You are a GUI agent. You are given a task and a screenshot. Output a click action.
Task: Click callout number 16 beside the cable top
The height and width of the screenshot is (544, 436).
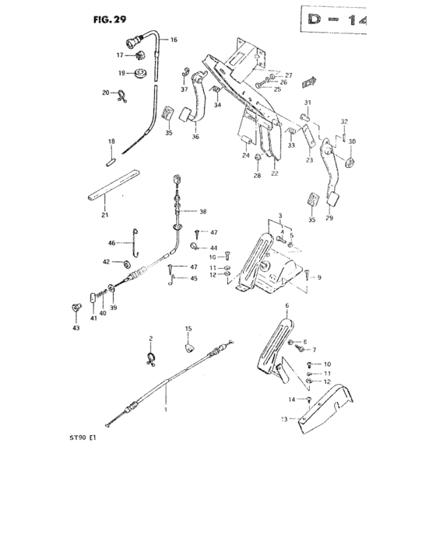[x=174, y=39]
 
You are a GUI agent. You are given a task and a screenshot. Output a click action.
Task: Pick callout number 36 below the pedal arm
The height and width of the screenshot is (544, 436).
[x=195, y=137]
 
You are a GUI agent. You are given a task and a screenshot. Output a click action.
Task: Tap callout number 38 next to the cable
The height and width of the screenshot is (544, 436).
[x=203, y=211]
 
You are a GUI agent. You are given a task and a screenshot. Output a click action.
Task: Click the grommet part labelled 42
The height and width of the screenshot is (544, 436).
[x=127, y=263]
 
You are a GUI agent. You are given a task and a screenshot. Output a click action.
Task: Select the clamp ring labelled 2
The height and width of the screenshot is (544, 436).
[x=151, y=357]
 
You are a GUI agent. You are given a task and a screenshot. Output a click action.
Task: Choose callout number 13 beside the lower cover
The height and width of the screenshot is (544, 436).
[x=284, y=418]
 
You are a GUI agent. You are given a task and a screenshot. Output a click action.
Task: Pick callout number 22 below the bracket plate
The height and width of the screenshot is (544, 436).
[x=274, y=173]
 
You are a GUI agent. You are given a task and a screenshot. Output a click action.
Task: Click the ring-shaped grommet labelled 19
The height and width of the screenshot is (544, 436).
[x=141, y=74]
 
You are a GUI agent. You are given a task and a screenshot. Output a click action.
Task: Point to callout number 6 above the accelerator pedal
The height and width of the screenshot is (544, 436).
[x=287, y=305]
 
